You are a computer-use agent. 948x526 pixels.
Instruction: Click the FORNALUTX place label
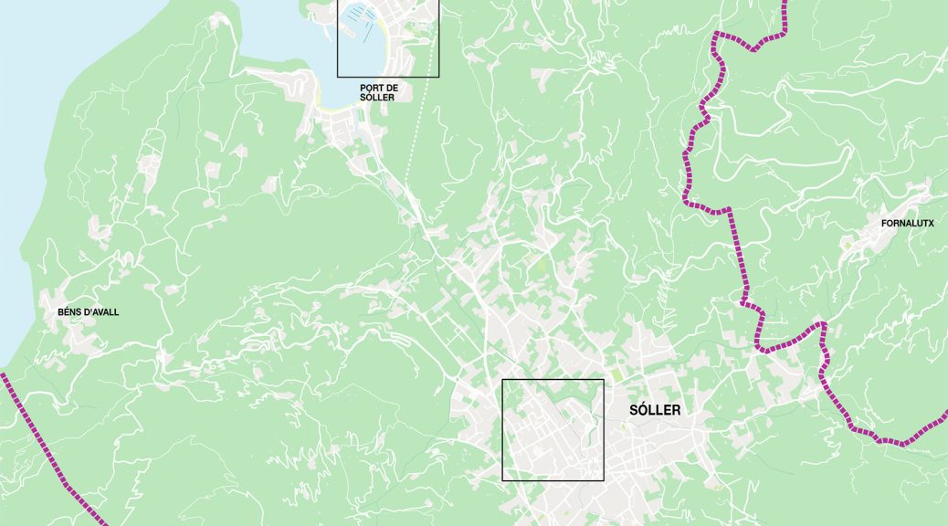(x=907, y=223)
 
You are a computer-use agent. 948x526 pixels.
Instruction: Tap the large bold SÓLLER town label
(x=655, y=410)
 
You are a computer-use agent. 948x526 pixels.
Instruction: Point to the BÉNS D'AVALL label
(x=88, y=312)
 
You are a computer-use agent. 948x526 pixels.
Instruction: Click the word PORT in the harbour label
(x=373, y=88)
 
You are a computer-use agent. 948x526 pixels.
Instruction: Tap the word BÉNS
(x=69, y=312)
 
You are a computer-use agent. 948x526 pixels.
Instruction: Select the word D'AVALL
(x=101, y=312)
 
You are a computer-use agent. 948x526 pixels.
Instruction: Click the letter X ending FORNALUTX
(x=931, y=223)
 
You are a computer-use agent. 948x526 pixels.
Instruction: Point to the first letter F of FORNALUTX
(x=883, y=223)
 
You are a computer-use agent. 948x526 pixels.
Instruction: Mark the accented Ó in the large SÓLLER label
(x=642, y=410)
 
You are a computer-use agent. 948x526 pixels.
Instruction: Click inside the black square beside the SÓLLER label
(x=553, y=429)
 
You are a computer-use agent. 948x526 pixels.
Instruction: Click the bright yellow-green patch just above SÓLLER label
(x=617, y=375)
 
